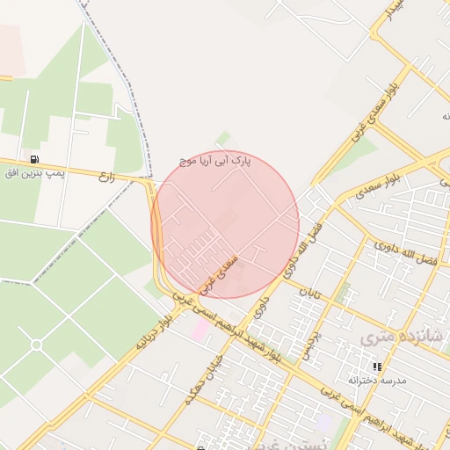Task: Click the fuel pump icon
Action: click(34, 159)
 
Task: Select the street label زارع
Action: click(107, 176)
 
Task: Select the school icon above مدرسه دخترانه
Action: click(377, 367)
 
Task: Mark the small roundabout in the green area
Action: click(36, 345)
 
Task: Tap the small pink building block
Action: click(201, 330)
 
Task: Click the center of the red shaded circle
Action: click(225, 224)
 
